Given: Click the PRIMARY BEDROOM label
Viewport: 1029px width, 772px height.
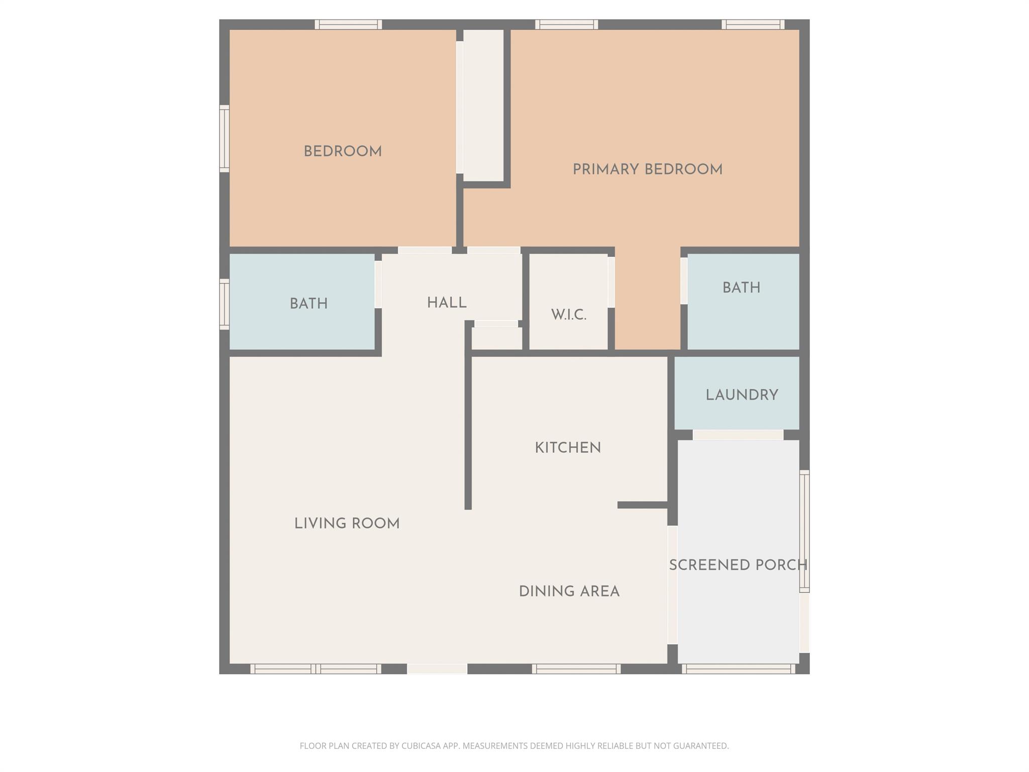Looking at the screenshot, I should click(647, 169).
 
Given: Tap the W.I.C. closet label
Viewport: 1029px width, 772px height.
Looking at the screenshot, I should click(568, 315).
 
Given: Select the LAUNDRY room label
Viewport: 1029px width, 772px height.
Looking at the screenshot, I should click(742, 395).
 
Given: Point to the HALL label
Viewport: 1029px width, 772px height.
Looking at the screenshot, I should click(447, 303).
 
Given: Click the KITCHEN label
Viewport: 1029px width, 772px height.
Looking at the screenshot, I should click(568, 448).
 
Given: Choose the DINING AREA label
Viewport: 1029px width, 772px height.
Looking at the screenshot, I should click(569, 592).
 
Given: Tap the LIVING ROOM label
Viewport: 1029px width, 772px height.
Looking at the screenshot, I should click(347, 524).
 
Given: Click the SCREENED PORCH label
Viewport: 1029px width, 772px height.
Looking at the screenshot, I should click(738, 565).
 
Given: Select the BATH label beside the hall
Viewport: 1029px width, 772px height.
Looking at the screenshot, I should click(308, 304).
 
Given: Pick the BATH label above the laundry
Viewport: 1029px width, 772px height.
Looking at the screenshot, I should click(741, 288).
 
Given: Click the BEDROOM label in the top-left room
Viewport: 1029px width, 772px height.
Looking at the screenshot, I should click(343, 151).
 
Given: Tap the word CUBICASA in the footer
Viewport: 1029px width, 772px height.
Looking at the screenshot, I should click(421, 746).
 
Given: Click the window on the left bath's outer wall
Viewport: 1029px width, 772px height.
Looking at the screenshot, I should click(225, 305).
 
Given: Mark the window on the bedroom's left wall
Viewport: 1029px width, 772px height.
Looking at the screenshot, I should click(225, 138).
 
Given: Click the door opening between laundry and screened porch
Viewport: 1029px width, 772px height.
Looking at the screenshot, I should click(738, 435).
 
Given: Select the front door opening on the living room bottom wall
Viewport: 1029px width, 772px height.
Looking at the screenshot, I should click(437, 669).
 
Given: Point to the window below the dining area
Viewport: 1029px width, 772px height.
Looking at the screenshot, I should click(576, 669).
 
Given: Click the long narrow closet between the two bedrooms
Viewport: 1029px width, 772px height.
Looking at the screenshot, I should click(483, 106).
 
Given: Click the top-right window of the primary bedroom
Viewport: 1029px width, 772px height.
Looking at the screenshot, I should click(753, 25).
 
